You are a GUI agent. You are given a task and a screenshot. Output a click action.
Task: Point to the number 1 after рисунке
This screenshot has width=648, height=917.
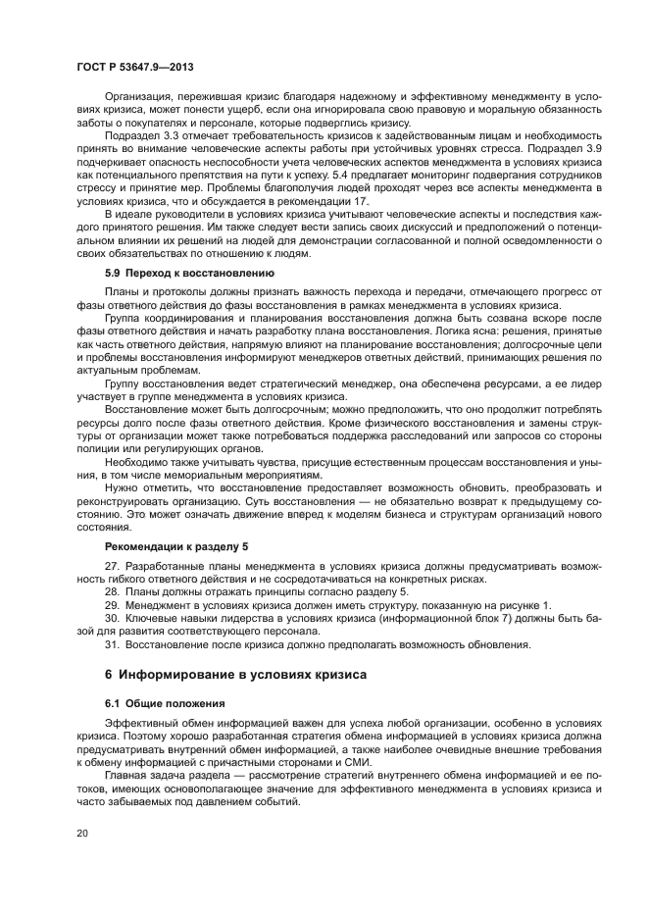(x=547, y=605)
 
